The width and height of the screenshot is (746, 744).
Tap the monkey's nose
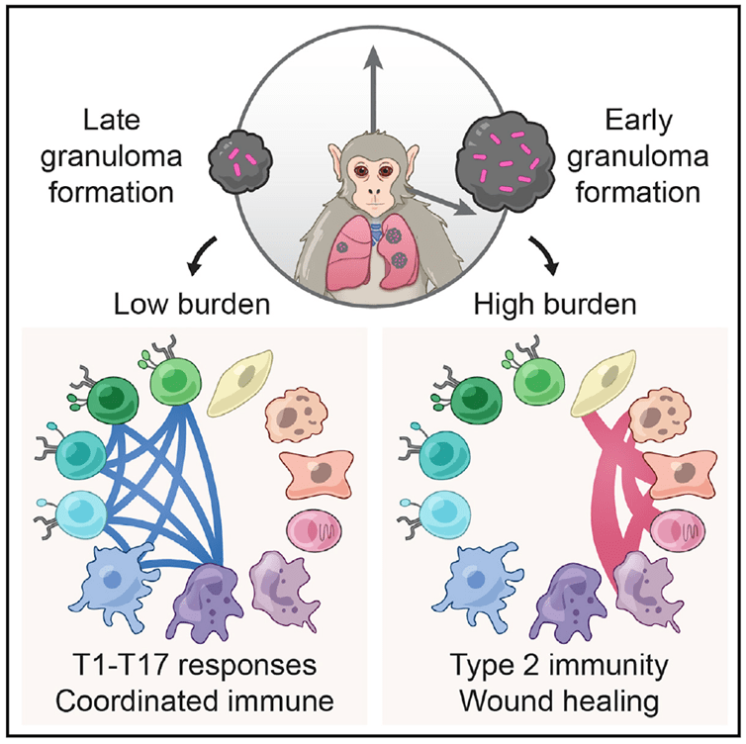tap(374, 191)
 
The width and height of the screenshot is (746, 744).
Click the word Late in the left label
tap(126, 124)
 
